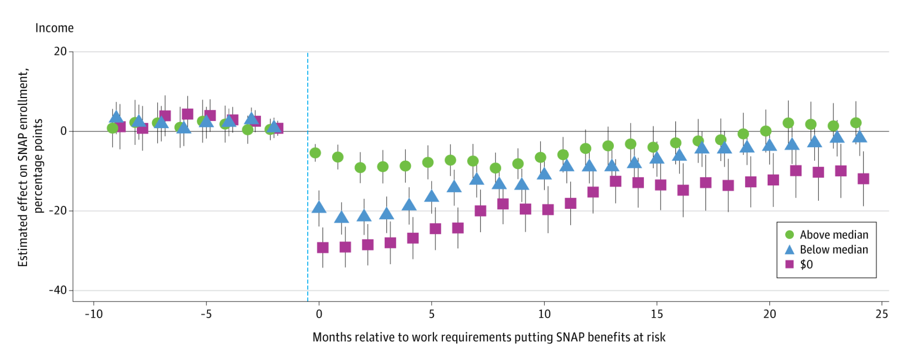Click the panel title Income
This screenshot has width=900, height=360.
[x=54, y=28]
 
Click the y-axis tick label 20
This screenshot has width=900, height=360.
[x=60, y=52]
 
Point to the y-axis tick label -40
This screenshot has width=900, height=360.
[x=58, y=290]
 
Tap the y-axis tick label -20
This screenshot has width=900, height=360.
[x=58, y=211]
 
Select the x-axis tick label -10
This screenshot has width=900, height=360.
[x=94, y=314]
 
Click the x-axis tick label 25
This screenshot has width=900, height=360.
[x=882, y=314]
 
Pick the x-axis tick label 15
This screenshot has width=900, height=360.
[x=657, y=314]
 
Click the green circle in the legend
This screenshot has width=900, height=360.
[x=789, y=234]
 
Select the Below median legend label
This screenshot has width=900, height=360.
[x=834, y=250]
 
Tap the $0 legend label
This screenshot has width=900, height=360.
[x=806, y=265]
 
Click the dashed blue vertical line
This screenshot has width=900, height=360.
[x=308, y=180]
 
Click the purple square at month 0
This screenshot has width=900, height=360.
[x=323, y=247]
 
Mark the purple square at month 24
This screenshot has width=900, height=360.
[x=863, y=179]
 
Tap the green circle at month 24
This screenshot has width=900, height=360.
[x=856, y=123]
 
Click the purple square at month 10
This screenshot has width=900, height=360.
[x=548, y=210]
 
